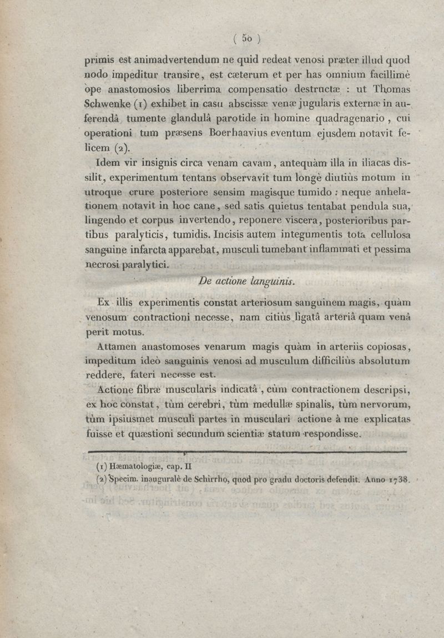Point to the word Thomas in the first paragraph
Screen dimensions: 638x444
387,89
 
